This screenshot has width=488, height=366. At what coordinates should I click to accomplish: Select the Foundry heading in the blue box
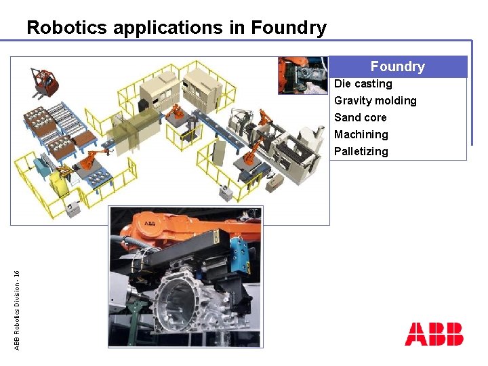[x=397, y=66]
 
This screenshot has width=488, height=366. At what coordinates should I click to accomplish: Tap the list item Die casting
[x=363, y=84]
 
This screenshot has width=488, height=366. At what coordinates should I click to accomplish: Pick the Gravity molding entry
[x=375, y=101]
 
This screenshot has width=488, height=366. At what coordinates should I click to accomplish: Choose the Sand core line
[x=361, y=118]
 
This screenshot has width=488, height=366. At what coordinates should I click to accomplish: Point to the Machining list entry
[x=361, y=135]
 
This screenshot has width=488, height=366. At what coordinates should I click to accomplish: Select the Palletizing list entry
[x=361, y=152]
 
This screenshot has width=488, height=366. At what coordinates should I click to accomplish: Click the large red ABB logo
[x=434, y=334]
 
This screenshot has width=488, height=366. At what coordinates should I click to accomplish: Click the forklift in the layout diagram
[x=44, y=81]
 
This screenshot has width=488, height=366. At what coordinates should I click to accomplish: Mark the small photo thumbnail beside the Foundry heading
[x=302, y=75]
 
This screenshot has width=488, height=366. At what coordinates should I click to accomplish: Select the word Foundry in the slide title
[x=289, y=28]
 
